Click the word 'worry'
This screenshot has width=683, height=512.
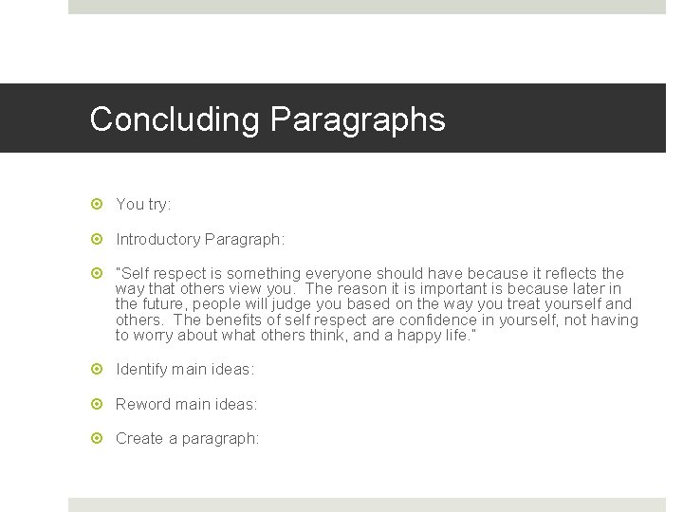(x=156, y=336)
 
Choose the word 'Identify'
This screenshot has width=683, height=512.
(x=142, y=369)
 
